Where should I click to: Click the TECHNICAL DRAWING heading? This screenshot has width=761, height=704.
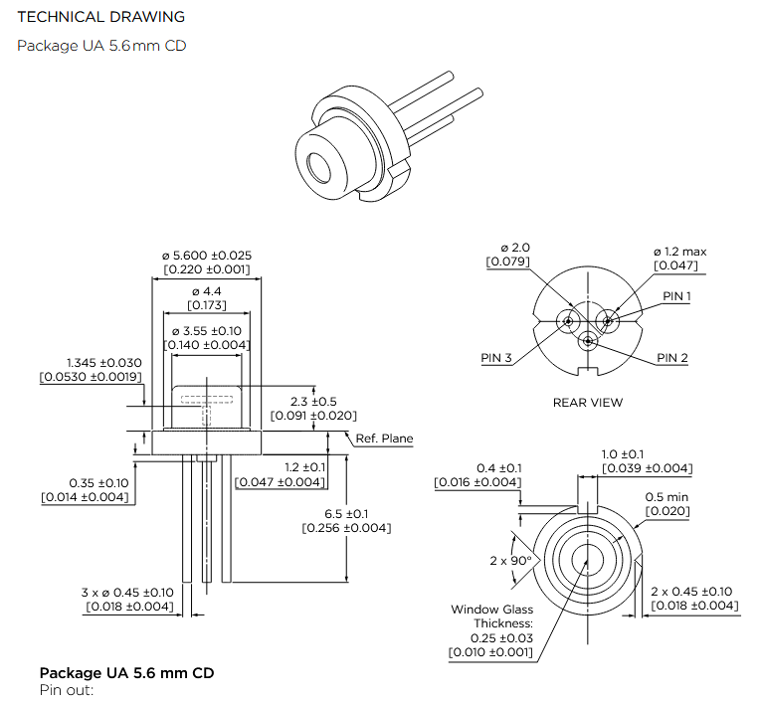point(100,17)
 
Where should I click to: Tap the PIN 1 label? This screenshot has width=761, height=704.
point(676,296)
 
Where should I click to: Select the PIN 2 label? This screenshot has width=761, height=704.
point(672,358)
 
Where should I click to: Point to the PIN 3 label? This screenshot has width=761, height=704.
point(496,358)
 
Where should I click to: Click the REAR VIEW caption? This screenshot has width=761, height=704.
point(588,403)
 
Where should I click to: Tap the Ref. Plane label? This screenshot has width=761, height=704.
point(384,439)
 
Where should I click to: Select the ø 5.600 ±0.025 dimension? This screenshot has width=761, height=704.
point(207,256)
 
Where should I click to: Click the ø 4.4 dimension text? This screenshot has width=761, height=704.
point(207,291)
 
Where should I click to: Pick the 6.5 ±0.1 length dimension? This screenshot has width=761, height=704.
point(346,513)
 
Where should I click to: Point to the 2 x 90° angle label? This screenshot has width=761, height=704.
point(511,561)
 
